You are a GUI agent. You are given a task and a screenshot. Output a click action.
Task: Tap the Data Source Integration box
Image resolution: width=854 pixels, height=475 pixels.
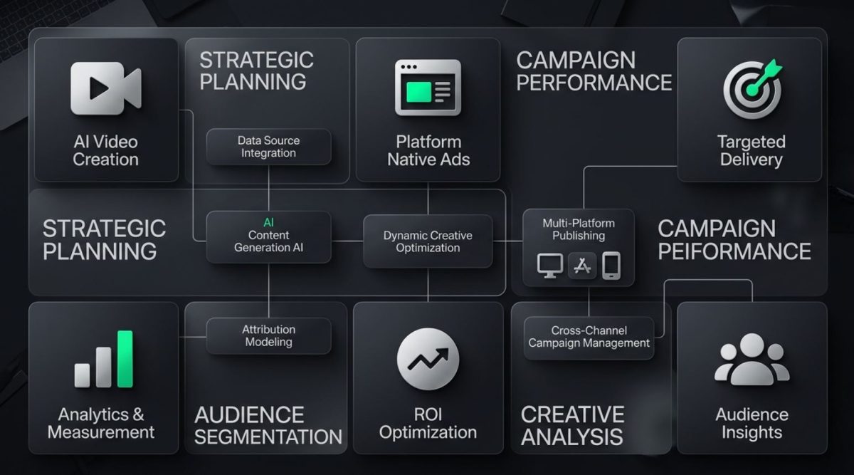pos(268,147)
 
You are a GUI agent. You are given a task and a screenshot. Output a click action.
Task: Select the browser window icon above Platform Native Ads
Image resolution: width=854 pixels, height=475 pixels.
pos(428,88)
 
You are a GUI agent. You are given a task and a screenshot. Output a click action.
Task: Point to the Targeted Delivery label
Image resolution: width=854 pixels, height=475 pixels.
pos(751,150)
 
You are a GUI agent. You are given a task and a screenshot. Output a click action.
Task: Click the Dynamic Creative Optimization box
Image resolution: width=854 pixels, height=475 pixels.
pos(428,241)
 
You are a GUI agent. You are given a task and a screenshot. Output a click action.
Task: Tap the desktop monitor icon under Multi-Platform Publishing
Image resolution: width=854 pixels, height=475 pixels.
pos(549,266)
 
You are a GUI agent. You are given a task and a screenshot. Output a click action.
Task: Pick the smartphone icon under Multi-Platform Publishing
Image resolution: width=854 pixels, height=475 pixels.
pos(611,266)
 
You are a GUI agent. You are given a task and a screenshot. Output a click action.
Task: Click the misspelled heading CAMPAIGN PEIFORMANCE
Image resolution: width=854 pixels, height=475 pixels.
pos(734,240)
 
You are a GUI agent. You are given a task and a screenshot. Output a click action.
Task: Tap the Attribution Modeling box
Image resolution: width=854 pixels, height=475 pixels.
pos(268,335)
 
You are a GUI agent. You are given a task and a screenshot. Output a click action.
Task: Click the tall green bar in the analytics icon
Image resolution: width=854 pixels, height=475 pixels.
pos(125,359)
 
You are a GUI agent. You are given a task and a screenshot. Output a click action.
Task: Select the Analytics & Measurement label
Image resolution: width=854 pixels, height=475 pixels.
pos(101,423)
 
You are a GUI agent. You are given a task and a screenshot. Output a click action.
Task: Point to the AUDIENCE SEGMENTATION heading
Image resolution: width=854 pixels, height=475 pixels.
pos(268,425)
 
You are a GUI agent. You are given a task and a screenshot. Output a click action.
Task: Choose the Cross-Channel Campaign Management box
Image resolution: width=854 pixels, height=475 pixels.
pos(589,337)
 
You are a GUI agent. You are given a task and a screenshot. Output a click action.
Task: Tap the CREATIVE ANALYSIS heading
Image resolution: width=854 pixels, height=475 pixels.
pos(572,425)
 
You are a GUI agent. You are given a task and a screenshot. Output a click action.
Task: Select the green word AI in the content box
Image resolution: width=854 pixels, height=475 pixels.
pos(268,222)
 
